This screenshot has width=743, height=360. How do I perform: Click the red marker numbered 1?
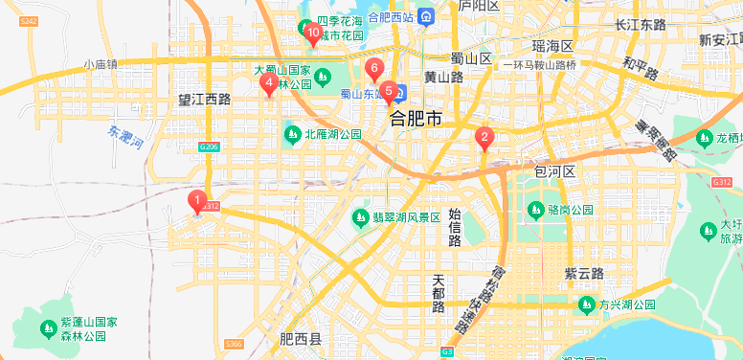(x=198, y=202)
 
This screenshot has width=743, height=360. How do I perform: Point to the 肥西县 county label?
(x=301, y=339)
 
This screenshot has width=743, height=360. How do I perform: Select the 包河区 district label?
(x=554, y=171)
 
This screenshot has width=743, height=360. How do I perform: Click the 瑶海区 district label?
(x=552, y=46)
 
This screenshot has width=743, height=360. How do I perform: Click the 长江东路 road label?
(x=641, y=25)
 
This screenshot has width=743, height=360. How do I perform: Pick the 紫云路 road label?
(x=583, y=274)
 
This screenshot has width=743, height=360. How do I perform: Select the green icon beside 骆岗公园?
(x=535, y=209)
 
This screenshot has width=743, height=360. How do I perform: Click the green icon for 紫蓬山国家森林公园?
(x=48, y=328)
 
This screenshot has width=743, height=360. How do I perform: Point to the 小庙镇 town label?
(x=100, y=65)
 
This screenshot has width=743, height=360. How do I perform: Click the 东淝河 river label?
(x=125, y=139)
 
